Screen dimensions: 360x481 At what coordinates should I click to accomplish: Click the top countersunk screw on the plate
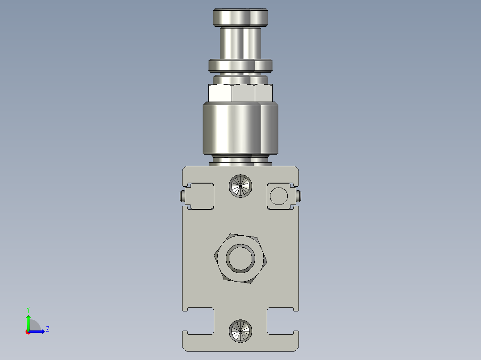pyautogui.click(x=240, y=185)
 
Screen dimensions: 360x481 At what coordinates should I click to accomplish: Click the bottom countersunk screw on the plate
pyautogui.click(x=240, y=331)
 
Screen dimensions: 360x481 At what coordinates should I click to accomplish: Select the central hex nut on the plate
pyautogui.click(x=219, y=258)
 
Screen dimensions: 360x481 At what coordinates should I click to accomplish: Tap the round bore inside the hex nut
pyautogui.click(x=240, y=258)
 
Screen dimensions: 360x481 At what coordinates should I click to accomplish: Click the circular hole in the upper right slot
pyautogui.click(x=279, y=196)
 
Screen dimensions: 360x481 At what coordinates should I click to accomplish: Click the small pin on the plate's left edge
pyautogui.click(x=182, y=196)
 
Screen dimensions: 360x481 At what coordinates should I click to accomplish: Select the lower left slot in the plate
pyautogui.click(x=199, y=320)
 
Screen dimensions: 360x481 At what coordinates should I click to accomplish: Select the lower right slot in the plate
pyautogui.click(x=282, y=320)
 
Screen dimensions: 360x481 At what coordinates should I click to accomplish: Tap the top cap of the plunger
pyautogui.click(x=240, y=18)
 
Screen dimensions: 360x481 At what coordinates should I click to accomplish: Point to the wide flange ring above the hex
pyautogui.click(x=240, y=65)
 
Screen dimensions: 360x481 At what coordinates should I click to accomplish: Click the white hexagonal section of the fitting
pyautogui.click(x=240, y=93)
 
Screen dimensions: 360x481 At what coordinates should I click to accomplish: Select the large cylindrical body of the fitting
pyautogui.click(x=240, y=128)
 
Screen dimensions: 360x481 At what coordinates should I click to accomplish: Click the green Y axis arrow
pyautogui.click(x=28, y=321)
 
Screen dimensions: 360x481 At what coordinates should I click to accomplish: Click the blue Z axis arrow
pyautogui.click(x=39, y=331)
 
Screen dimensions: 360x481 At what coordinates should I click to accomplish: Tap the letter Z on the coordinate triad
pyautogui.click(x=47, y=329)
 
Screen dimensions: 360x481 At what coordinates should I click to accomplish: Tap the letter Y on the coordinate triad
pyautogui.click(x=28, y=310)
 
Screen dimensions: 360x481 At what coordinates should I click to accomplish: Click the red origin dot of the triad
pyautogui.click(x=28, y=331)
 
